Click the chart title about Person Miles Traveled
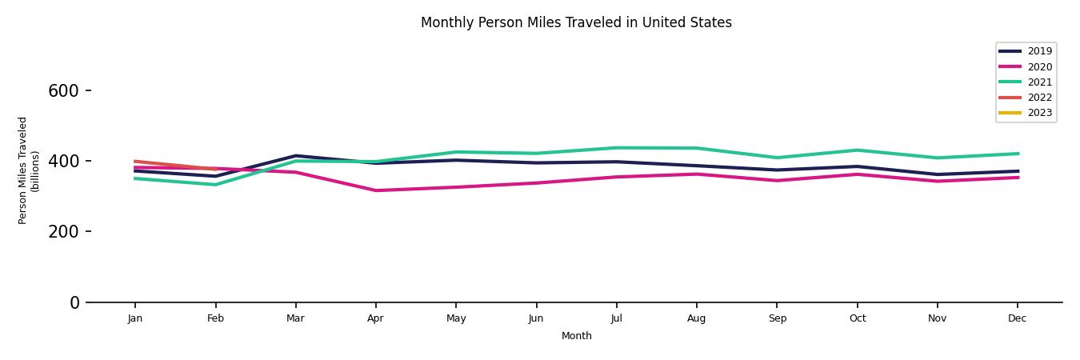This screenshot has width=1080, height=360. (x=576, y=22)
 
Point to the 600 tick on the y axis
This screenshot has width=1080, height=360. (x=63, y=91)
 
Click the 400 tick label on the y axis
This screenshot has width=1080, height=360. (x=63, y=162)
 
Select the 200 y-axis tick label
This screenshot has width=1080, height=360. (x=63, y=232)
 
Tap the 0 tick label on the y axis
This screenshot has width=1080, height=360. (x=74, y=302)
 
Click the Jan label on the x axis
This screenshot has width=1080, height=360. (x=135, y=318)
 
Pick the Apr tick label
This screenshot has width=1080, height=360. (x=375, y=318)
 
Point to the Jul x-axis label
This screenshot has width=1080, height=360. (x=616, y=318)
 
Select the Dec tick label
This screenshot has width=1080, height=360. (x=1017, y=318)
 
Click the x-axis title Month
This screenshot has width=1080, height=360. (x=576, y=336)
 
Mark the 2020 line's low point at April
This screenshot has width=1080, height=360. (x=375, y=190)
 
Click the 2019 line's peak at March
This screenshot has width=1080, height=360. (x=295, y=156)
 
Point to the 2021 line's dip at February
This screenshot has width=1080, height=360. (x=215, y=185)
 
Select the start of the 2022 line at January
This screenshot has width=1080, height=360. (x=135, y=161)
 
